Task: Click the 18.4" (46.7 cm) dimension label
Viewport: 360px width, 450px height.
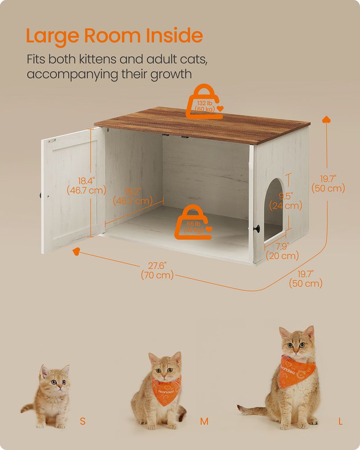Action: (86, 185)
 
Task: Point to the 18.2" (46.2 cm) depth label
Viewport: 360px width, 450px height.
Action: (132, 196)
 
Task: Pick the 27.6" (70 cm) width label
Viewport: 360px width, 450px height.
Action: (157, 270)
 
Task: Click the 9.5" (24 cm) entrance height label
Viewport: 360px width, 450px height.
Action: (285, 201)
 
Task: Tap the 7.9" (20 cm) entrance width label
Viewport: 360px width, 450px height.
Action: (283, 252)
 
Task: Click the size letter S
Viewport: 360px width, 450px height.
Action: (82, 422)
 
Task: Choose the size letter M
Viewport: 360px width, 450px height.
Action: (204, 422)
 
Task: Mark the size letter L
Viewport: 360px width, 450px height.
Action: (341, 422)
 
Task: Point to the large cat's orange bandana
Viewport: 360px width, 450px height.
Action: (297, 369)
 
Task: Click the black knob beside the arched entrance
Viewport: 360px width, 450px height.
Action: (258, 228)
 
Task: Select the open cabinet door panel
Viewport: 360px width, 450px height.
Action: (70, 189)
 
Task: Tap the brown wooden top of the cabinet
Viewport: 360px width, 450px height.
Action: (202, 122)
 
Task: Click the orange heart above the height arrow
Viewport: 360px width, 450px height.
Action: (326, 119)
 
